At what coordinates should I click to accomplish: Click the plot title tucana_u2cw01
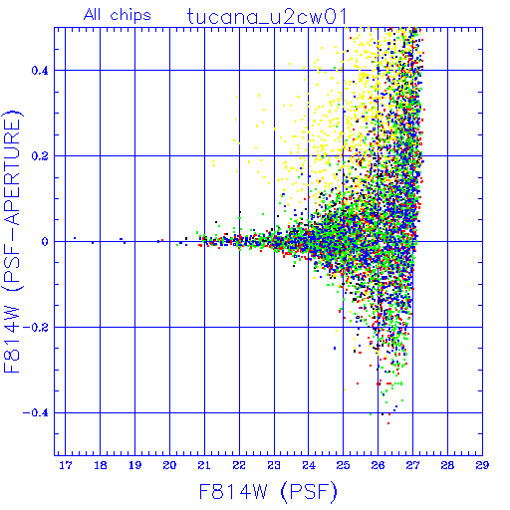pos(267,17)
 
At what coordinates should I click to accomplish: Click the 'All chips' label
pos(118,15)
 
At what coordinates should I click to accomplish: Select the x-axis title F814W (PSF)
pos(268,491)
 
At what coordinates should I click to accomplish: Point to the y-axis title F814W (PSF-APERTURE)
pos(13,242)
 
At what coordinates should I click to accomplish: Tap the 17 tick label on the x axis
pos(66,465)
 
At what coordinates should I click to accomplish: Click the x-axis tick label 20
pos(169,465)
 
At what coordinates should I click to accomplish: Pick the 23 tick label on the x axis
pos(274,465)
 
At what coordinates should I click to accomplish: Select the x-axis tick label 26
pos(378,465)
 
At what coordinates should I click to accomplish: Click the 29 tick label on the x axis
pos(482,465)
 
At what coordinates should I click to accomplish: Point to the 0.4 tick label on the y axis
pos(40,71)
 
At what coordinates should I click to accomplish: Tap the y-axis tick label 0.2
pos(40,156)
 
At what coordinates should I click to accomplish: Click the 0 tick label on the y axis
pos(45,242)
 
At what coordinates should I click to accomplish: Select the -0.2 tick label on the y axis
pos(36,328)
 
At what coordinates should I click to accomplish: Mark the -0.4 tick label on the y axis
pos(36,413)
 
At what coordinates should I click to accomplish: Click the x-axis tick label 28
pos(447,465)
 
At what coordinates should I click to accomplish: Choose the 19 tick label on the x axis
pos(134,465)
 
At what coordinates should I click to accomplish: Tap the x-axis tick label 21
pos(204,465)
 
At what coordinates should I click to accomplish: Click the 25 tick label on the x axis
pos(343,465)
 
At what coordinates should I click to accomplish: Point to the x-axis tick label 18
pos(101,465)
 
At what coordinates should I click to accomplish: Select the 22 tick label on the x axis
pos(239,465)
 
